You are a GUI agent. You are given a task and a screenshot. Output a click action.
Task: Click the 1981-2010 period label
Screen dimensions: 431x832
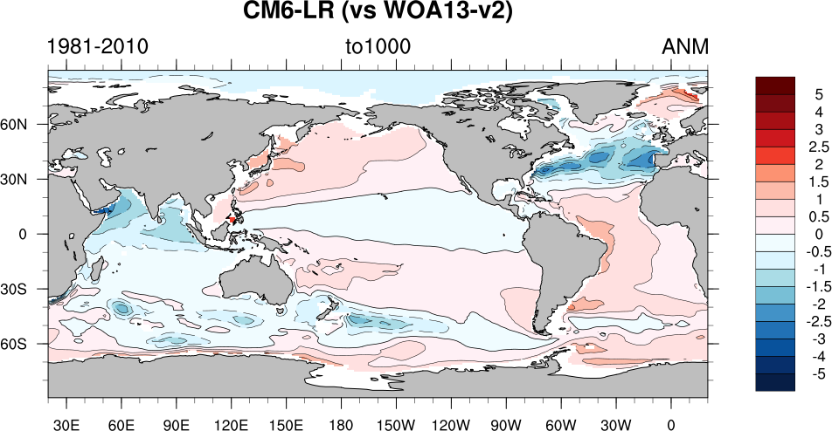[97, 46]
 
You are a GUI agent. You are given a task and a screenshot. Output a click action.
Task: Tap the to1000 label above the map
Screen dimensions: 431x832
[378, 46]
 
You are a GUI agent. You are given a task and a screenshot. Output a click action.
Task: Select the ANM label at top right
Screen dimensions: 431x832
[684, 46]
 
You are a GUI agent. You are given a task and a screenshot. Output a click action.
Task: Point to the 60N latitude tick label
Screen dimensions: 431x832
[25, 124]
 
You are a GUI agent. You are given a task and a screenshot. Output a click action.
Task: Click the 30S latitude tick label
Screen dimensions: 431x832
[25, 289]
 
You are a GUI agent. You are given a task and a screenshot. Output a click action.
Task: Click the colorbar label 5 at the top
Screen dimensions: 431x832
[818, 94]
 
